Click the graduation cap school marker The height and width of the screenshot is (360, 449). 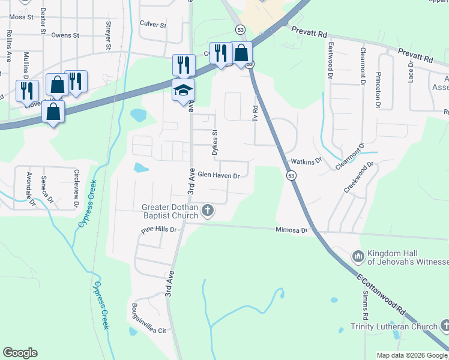pyautogui.click(x=184, y=91)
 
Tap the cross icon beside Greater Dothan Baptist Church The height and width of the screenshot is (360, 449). pyautogui.click(x=207, y=210)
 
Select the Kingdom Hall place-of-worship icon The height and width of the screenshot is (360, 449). pyautogui.click(x=358, y=256)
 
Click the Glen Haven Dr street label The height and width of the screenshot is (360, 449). pyautogui.click(x=218, y=176)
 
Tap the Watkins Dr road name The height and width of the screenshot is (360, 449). pyautogui.click(x=306, y=161)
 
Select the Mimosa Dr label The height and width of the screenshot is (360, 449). pyautogui.click(x=291, y=230)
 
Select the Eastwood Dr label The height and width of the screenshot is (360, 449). pyautogui.click(x=330, y=60)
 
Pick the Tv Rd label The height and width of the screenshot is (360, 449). pyautogui.click(x=255, y=115)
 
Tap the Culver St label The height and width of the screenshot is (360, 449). pyautogui.click(x=152, y=25)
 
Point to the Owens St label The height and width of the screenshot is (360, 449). pyautogui.click(x=65, y=35)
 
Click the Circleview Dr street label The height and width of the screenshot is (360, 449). pyautogui.click(x=76, y=188)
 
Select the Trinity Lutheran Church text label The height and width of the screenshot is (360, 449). pyautogui.click(x=394, y=326)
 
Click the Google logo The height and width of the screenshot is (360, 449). pyautogui.click(x=20, y=353)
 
